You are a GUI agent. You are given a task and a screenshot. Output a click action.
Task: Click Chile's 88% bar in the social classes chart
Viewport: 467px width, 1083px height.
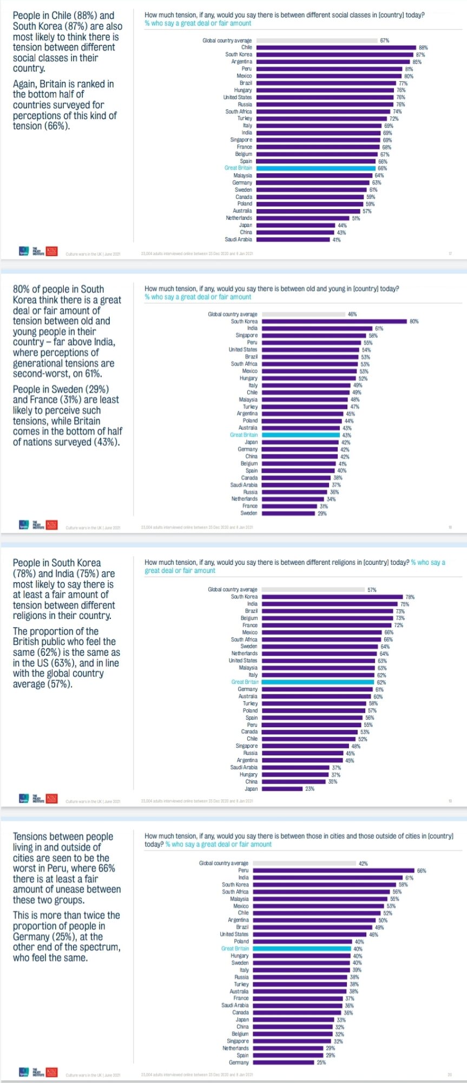336,48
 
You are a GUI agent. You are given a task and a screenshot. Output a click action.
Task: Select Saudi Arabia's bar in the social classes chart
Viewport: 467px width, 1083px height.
293,239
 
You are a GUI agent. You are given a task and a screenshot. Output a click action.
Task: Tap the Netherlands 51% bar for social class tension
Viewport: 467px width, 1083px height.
302,218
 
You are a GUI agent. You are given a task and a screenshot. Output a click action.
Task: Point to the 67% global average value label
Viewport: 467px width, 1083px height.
384,41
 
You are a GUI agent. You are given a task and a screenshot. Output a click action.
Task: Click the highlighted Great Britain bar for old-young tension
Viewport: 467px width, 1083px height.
301,435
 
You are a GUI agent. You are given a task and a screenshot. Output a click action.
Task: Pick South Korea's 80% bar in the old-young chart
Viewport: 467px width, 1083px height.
334,321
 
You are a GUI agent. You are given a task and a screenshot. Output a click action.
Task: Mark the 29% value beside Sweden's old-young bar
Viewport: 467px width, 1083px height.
322,513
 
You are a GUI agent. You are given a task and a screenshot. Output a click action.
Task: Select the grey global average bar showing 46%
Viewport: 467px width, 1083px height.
304,314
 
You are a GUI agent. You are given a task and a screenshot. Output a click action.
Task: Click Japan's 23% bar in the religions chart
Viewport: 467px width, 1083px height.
282,789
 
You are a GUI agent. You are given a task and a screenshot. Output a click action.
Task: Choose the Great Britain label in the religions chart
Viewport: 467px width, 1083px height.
245,682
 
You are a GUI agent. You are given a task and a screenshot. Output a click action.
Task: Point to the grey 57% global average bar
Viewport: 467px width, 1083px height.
313,589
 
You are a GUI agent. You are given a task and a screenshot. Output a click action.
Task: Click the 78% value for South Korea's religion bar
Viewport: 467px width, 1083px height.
410,597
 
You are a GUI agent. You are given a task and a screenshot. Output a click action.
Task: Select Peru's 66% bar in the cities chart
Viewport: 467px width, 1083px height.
333,871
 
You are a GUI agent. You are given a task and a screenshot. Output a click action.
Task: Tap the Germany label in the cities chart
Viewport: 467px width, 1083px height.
239,1062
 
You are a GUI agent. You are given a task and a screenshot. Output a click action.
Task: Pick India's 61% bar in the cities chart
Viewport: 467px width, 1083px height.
327,878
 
